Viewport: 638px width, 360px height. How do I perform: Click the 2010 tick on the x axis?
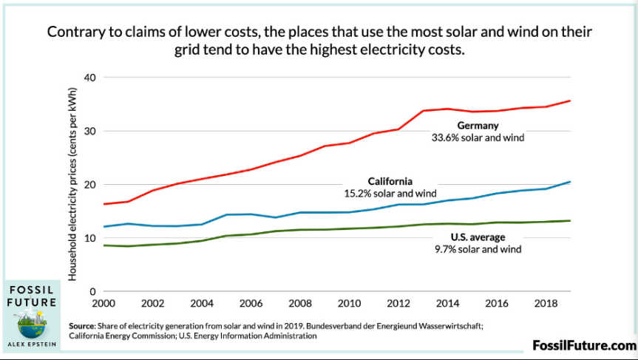pyautogui.click(x=347, y=304)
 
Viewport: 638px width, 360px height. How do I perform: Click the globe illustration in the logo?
pyautogui.click(x=31, y=323)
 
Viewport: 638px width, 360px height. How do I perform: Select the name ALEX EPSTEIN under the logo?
pyautogui.click(x=31, y=344)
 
